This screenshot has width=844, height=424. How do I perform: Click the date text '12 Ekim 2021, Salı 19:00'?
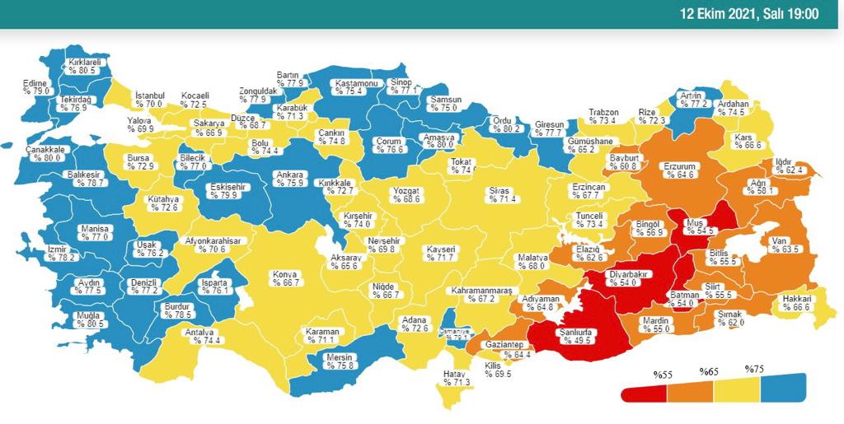pos(748,14)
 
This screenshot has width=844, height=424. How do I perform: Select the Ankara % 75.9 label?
pos(291,179)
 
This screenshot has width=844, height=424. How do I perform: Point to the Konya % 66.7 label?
pos(286,277)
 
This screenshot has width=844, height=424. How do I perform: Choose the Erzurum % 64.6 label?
pos(680,170)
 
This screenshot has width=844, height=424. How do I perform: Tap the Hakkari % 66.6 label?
pos(798,302)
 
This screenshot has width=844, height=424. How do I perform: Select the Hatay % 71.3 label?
pos(456,378)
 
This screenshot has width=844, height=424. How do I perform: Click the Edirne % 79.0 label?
pos(36,86)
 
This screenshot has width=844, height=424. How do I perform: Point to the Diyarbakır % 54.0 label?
pos(629,277)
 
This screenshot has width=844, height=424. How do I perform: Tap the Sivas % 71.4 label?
pos(502,195)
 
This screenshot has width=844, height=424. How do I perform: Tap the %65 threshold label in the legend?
pos(709,372)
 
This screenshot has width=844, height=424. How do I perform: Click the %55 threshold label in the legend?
pos(663,375)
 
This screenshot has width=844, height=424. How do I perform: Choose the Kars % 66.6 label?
pos(744,142)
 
